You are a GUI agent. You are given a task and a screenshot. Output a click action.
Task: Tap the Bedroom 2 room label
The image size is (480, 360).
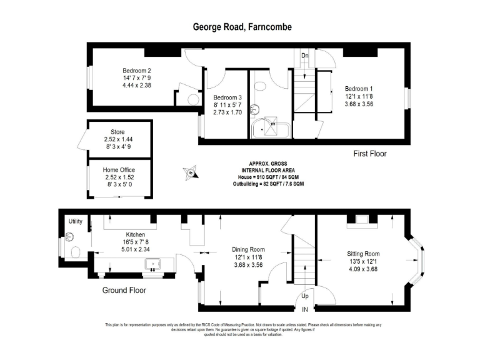pos(136,71)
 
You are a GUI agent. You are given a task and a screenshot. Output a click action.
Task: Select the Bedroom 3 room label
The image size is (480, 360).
pos(227,98)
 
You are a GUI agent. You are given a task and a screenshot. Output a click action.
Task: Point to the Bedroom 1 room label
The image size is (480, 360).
pos(359,88)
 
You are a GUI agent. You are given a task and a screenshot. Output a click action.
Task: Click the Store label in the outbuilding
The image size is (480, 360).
pos(118,131)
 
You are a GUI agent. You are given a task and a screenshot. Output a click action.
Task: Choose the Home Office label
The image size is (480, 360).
pos(119,170)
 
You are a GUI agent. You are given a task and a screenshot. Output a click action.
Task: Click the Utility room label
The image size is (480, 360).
pos(76,222)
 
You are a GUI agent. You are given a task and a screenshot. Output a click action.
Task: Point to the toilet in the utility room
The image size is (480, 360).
pos(75,252)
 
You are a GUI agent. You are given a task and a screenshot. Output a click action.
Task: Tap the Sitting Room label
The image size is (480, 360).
pos(363,254)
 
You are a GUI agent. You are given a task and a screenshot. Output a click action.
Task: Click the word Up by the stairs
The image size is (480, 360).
pos(304,296)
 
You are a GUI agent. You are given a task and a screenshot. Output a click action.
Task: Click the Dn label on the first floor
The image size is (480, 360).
pos(304,56)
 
